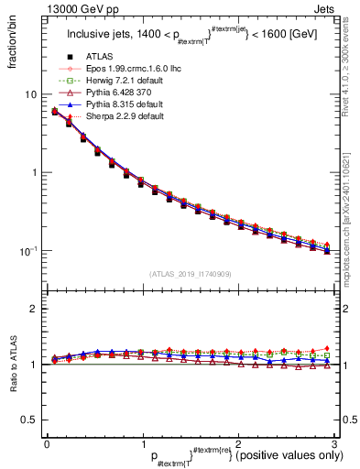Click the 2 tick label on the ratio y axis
pos(33,310)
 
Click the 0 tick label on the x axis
pos(46,443)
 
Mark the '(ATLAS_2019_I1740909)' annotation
pos(190,274)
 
